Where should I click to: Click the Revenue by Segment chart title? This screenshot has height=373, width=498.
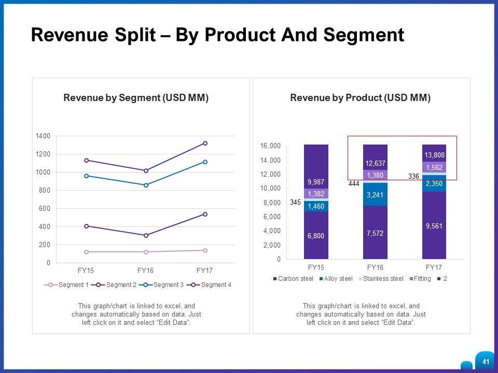pyautogui.click(x=136, y=98)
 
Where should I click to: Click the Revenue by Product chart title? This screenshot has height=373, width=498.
pyautogui.click(x=361, y=98)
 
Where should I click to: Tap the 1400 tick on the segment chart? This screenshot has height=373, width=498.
pyautogui.click(x=43, y=136)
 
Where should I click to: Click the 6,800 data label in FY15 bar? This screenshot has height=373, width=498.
pyautogui.click(x=316, y=236)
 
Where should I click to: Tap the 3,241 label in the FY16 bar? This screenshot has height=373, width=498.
pyautogui.click(x=375, y=195)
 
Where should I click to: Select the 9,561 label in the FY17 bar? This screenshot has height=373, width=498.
pyautogui.click(x=434, y=226)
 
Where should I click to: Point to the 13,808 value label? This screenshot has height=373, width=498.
pyautogui.click(x=434, y=155)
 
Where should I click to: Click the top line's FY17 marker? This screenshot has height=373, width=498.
pyautogui.click(x=205, y=143)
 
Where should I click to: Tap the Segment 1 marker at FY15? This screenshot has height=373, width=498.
pyautogui.click(x=86, y=252)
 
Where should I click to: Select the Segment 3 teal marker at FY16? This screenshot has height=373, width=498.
pyautogui.click(x=146, y=185)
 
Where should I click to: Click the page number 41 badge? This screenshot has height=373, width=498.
pyautogui.click(x=486, y=362)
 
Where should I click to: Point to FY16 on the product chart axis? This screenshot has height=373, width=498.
pyautogui.click(x=375, y=267)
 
